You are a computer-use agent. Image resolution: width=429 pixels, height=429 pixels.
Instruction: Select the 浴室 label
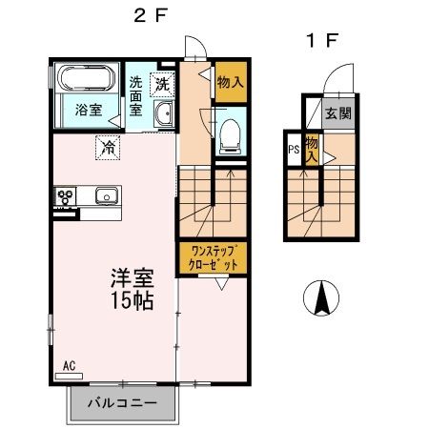[89, 110]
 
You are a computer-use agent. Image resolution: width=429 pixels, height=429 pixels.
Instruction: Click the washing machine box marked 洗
[164, 83]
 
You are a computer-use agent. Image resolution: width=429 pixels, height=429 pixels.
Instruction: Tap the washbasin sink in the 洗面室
[163, 114]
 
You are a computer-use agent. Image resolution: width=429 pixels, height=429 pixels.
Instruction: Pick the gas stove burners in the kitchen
[67, 197]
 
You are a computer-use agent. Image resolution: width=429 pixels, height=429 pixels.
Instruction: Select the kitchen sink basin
[104, 197]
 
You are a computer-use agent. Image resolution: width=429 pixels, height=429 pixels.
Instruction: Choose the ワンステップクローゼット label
[214, 258]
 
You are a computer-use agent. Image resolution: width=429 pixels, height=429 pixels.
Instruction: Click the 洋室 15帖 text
[132, 290]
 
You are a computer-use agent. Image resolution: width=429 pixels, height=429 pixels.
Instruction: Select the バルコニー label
[121, 402]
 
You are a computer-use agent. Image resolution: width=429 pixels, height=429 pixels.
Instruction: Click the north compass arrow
[322, 299]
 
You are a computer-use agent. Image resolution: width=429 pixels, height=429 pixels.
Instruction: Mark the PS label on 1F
[293, 149]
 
